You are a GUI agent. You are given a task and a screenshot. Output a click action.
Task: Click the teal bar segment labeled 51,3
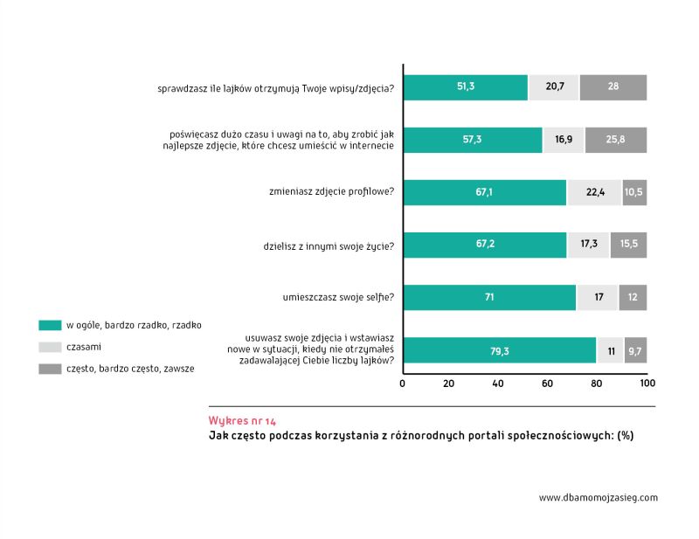tap(465, 87)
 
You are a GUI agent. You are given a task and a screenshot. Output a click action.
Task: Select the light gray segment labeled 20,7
tap(553, 87)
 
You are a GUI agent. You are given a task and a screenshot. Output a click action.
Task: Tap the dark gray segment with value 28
tap(612, 87)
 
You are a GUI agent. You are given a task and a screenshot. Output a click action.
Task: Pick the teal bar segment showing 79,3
tap(499, 349)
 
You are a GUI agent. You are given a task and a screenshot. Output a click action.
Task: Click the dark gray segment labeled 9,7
tap(635, 349)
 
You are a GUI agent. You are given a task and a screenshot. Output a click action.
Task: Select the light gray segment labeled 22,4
tap(594, 192)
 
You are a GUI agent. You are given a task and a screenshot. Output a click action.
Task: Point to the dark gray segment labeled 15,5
tap(628, 245)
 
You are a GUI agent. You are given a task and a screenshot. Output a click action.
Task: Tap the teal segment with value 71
tap(489, 297)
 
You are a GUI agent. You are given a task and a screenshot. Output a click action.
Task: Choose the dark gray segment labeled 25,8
tap(615, 140)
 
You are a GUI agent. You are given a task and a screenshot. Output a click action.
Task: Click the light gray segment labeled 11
tap(610, 349)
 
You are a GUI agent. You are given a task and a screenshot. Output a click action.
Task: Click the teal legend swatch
tap(50, 325)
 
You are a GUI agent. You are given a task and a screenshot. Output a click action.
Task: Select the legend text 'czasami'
tap(84, 347)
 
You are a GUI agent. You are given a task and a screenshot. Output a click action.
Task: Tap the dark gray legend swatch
tap(50, 369)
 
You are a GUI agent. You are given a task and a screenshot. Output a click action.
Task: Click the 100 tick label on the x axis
tap(647, 384)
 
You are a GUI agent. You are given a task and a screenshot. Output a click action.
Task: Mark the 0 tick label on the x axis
tap(403, 384)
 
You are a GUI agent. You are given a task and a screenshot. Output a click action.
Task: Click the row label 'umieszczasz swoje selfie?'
tap(338, 297)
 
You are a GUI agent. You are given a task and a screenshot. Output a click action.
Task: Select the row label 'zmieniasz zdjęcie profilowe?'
tap(333, 192)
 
